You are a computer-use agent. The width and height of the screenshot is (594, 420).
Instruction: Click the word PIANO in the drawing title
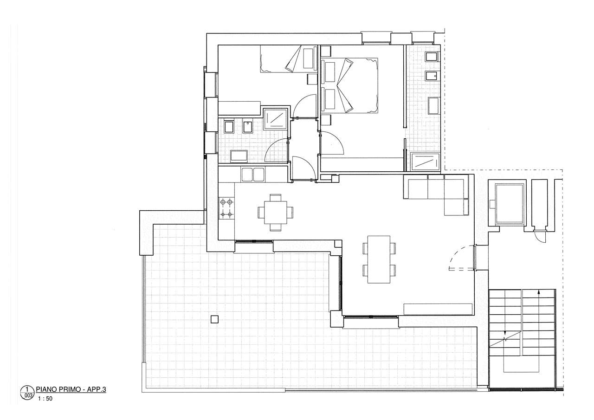click(45, 389)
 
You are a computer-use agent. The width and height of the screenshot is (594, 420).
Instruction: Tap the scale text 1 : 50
click(45, 399)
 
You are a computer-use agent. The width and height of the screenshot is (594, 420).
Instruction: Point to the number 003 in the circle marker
click(28, 396)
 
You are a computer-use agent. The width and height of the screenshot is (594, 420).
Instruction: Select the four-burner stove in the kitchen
click(226, 208)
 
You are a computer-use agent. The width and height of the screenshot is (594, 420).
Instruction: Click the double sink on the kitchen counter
click(253, 175)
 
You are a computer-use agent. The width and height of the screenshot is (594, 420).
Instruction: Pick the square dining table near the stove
click(276, 213)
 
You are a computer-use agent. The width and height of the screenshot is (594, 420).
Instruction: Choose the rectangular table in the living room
click(379, 259)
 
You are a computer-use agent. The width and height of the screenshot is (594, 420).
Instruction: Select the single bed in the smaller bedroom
click(289, 58)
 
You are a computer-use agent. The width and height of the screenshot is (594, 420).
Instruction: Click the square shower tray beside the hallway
click(275, 119)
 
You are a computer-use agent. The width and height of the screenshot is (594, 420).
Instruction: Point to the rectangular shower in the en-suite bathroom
click(425, 162)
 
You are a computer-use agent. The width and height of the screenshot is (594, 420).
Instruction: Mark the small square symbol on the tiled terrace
click(214, 319)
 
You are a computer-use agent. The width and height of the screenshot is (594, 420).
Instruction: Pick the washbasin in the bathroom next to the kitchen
click(239, 156)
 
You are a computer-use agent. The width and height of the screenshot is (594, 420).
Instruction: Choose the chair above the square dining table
click(276, 198)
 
